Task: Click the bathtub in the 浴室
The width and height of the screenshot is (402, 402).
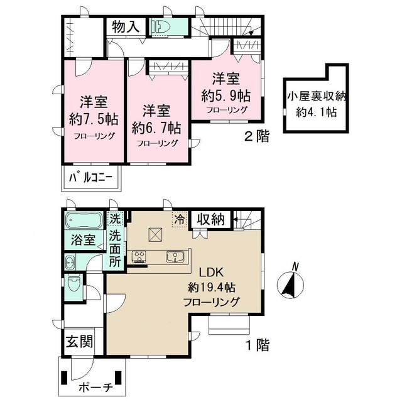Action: pyautogui.click(x=84, y=220)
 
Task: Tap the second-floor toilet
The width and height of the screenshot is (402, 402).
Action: pyautogui.click(x=161, y=26)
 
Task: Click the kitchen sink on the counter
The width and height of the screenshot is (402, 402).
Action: pyautogui.click(x=175, y=257)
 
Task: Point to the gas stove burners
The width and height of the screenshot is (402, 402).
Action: pyautogui.click(x=139, y=257)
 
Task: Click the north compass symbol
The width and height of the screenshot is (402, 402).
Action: pyautogui.click(x=290, y=282)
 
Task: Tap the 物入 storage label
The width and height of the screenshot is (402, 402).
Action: pyautogui.click(x=126, y=26)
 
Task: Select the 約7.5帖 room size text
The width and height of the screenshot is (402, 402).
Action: pyautogui.click(x=94, y=119)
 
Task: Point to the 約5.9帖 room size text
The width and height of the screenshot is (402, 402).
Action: pyautogui.click(x=225, y=96)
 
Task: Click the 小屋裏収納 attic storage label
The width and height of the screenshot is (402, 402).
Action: pyautogui.click(x=317, y=97)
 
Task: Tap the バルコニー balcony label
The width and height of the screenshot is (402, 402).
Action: pyautogui.click(x=90, y=178)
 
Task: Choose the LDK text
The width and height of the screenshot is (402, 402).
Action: pyautogui.click(x=212, y=273)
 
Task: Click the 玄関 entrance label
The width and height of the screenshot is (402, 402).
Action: pyautogui.click(x=80, y=341)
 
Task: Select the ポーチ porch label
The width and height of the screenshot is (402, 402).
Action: pyautogui.click(x=96, y=388)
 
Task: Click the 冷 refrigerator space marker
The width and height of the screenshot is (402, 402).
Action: pyautogui.click(x=180, y=219)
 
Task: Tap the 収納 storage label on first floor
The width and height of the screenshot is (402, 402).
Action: pyautogui.click(x=211, y=219)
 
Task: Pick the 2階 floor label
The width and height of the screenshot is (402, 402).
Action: pyautogui.click(x=257, y=136)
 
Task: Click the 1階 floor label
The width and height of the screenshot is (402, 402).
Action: pyautogui.click(x=258, y=345)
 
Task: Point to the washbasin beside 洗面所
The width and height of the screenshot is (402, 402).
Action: pyautogui.click(x=70, y=263)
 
